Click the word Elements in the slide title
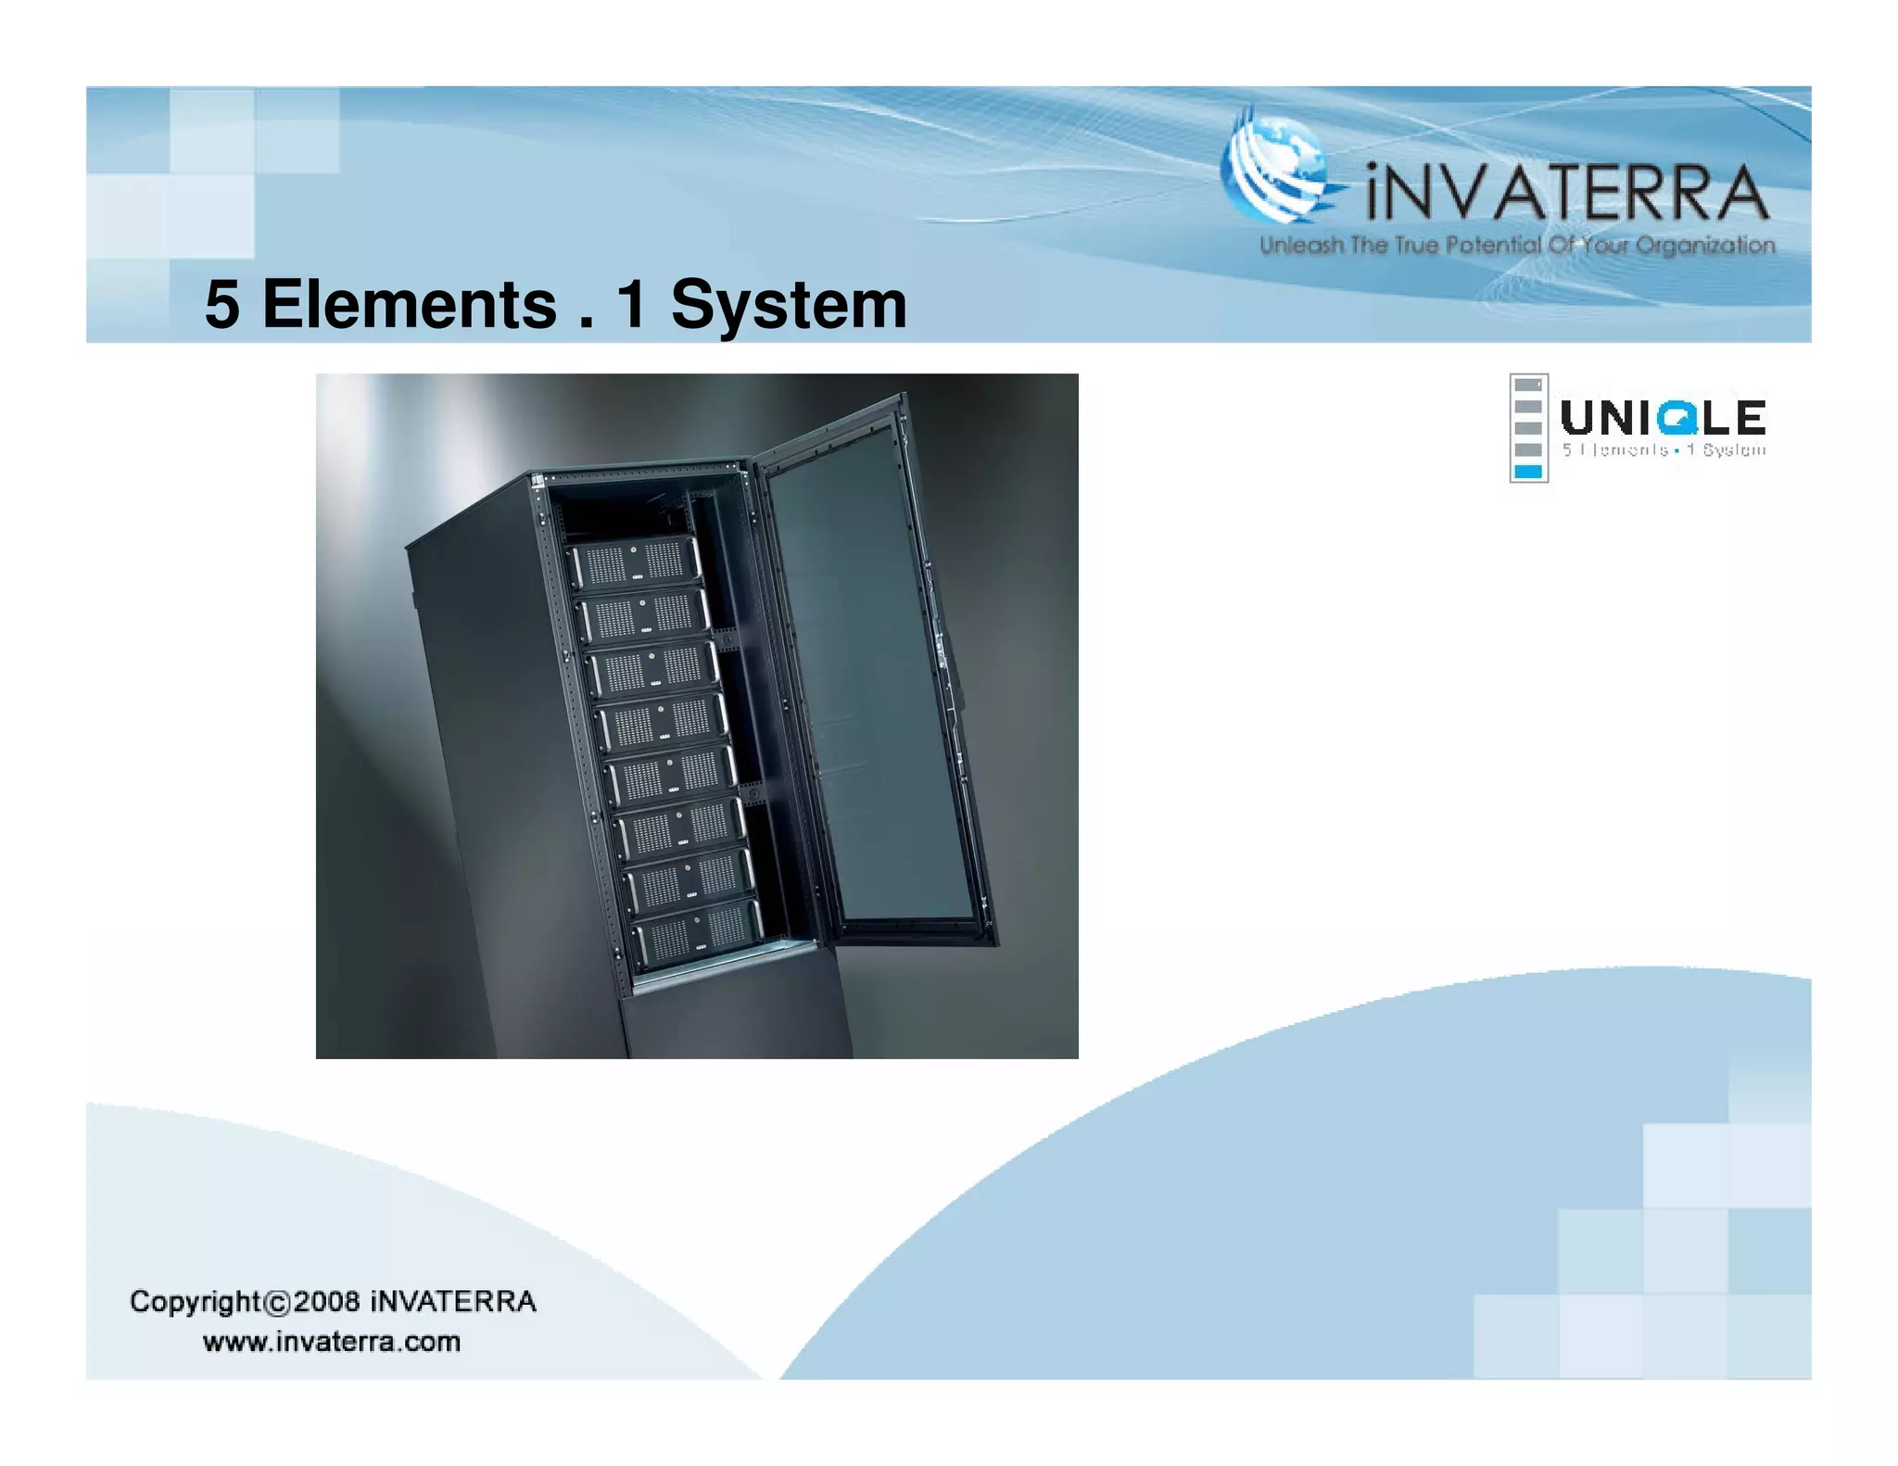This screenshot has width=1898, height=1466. (409, 305)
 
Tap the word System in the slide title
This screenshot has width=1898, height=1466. (789, 305)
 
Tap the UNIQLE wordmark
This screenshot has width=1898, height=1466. (1664, 418)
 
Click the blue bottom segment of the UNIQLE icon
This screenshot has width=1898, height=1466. (1527, 472)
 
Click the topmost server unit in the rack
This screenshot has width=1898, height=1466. (635, 562)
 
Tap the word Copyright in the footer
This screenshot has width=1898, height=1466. (196, 1302)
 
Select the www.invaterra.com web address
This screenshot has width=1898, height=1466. (332, 1342)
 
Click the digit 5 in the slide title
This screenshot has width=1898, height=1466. (222, 305)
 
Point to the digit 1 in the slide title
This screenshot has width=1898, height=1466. (631, 305)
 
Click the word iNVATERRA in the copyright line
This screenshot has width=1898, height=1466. (453, 1301)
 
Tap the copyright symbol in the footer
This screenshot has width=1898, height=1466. (277, 1303)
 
